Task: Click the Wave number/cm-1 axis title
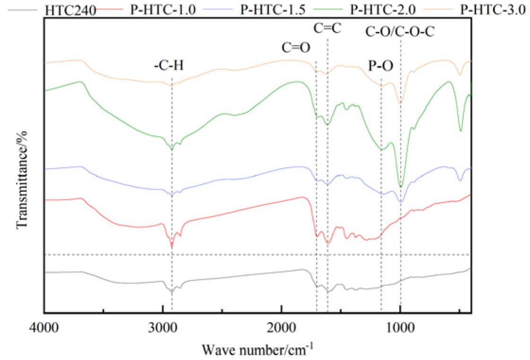(258, 350)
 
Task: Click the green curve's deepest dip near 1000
(401, 186)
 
